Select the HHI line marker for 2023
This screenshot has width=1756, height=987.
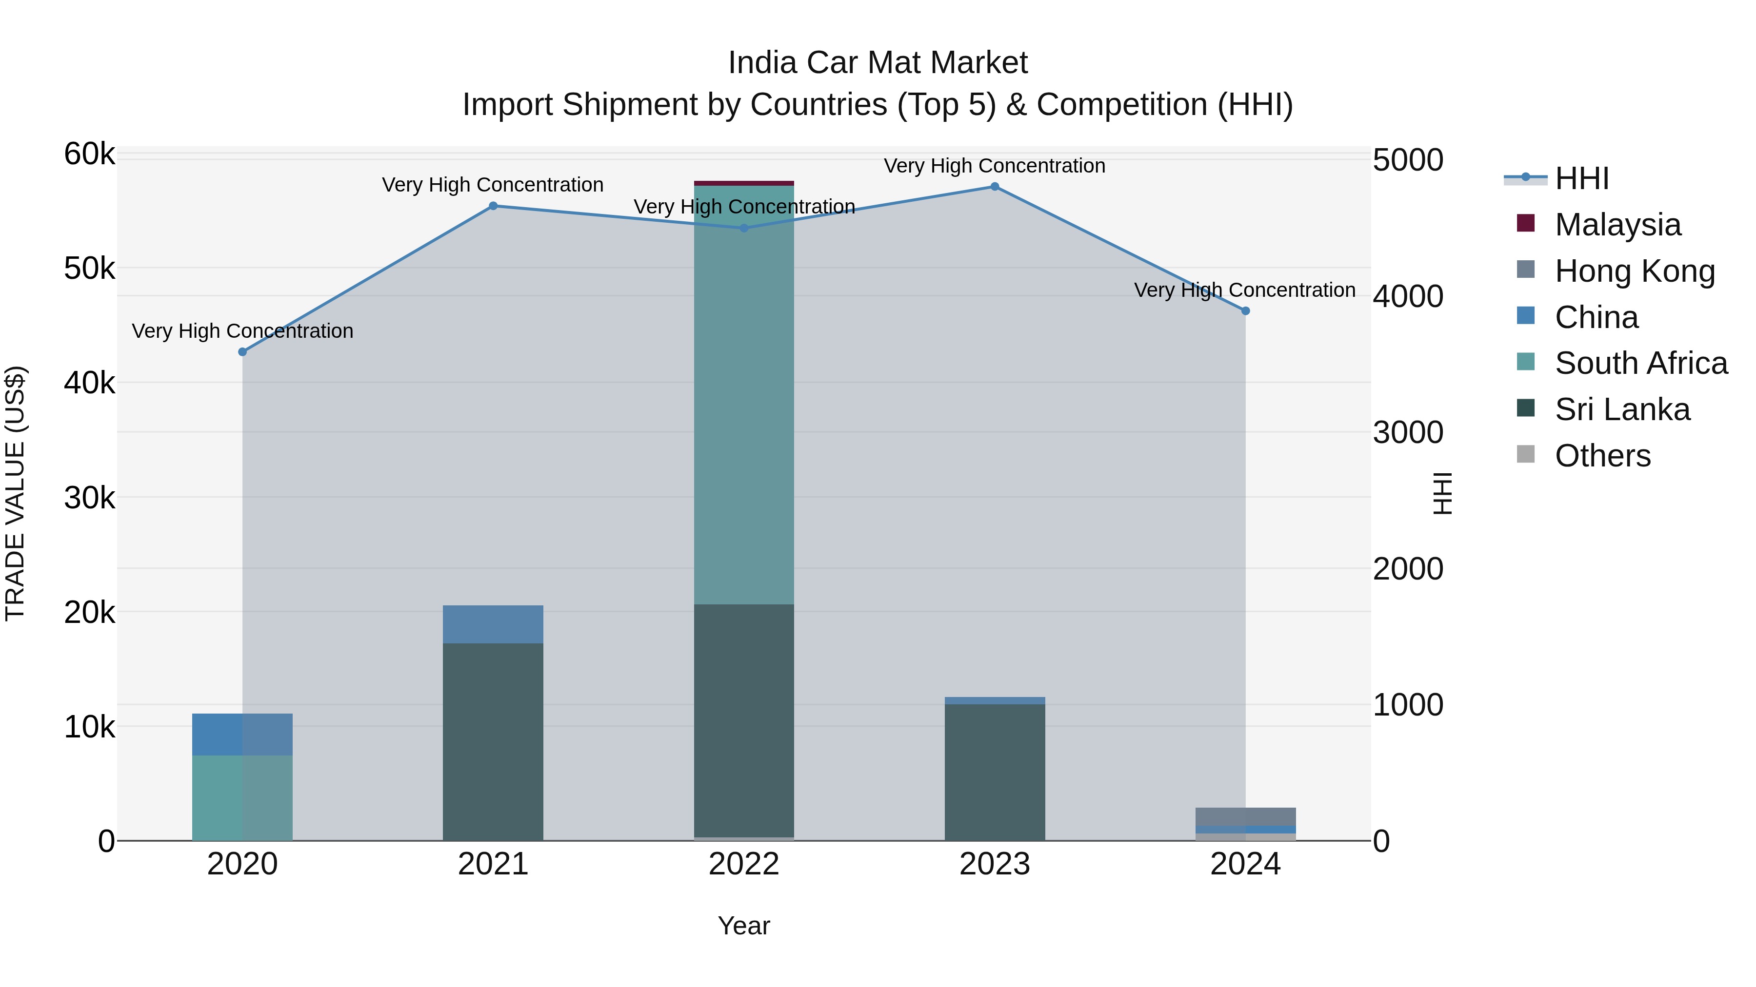[995, 187]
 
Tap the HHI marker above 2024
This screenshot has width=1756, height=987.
[1245, 310]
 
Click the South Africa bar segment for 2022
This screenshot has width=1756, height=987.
[744, 395]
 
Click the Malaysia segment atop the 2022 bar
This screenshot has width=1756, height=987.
[744, 183]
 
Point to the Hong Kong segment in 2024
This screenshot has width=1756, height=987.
[1245, 816]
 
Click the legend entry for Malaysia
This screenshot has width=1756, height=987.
[1617, 225]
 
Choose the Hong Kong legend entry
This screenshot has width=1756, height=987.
[1635, 271]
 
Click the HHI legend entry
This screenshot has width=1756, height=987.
[1581, 178]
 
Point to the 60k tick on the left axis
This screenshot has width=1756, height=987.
[89, 154]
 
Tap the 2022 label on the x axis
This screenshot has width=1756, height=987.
[744, 864]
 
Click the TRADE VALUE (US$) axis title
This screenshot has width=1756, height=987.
[15, 493]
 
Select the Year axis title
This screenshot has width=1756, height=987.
[744, 926]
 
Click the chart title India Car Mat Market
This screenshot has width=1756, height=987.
[878, 63]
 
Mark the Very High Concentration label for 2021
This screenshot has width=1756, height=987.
[493, 185]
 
